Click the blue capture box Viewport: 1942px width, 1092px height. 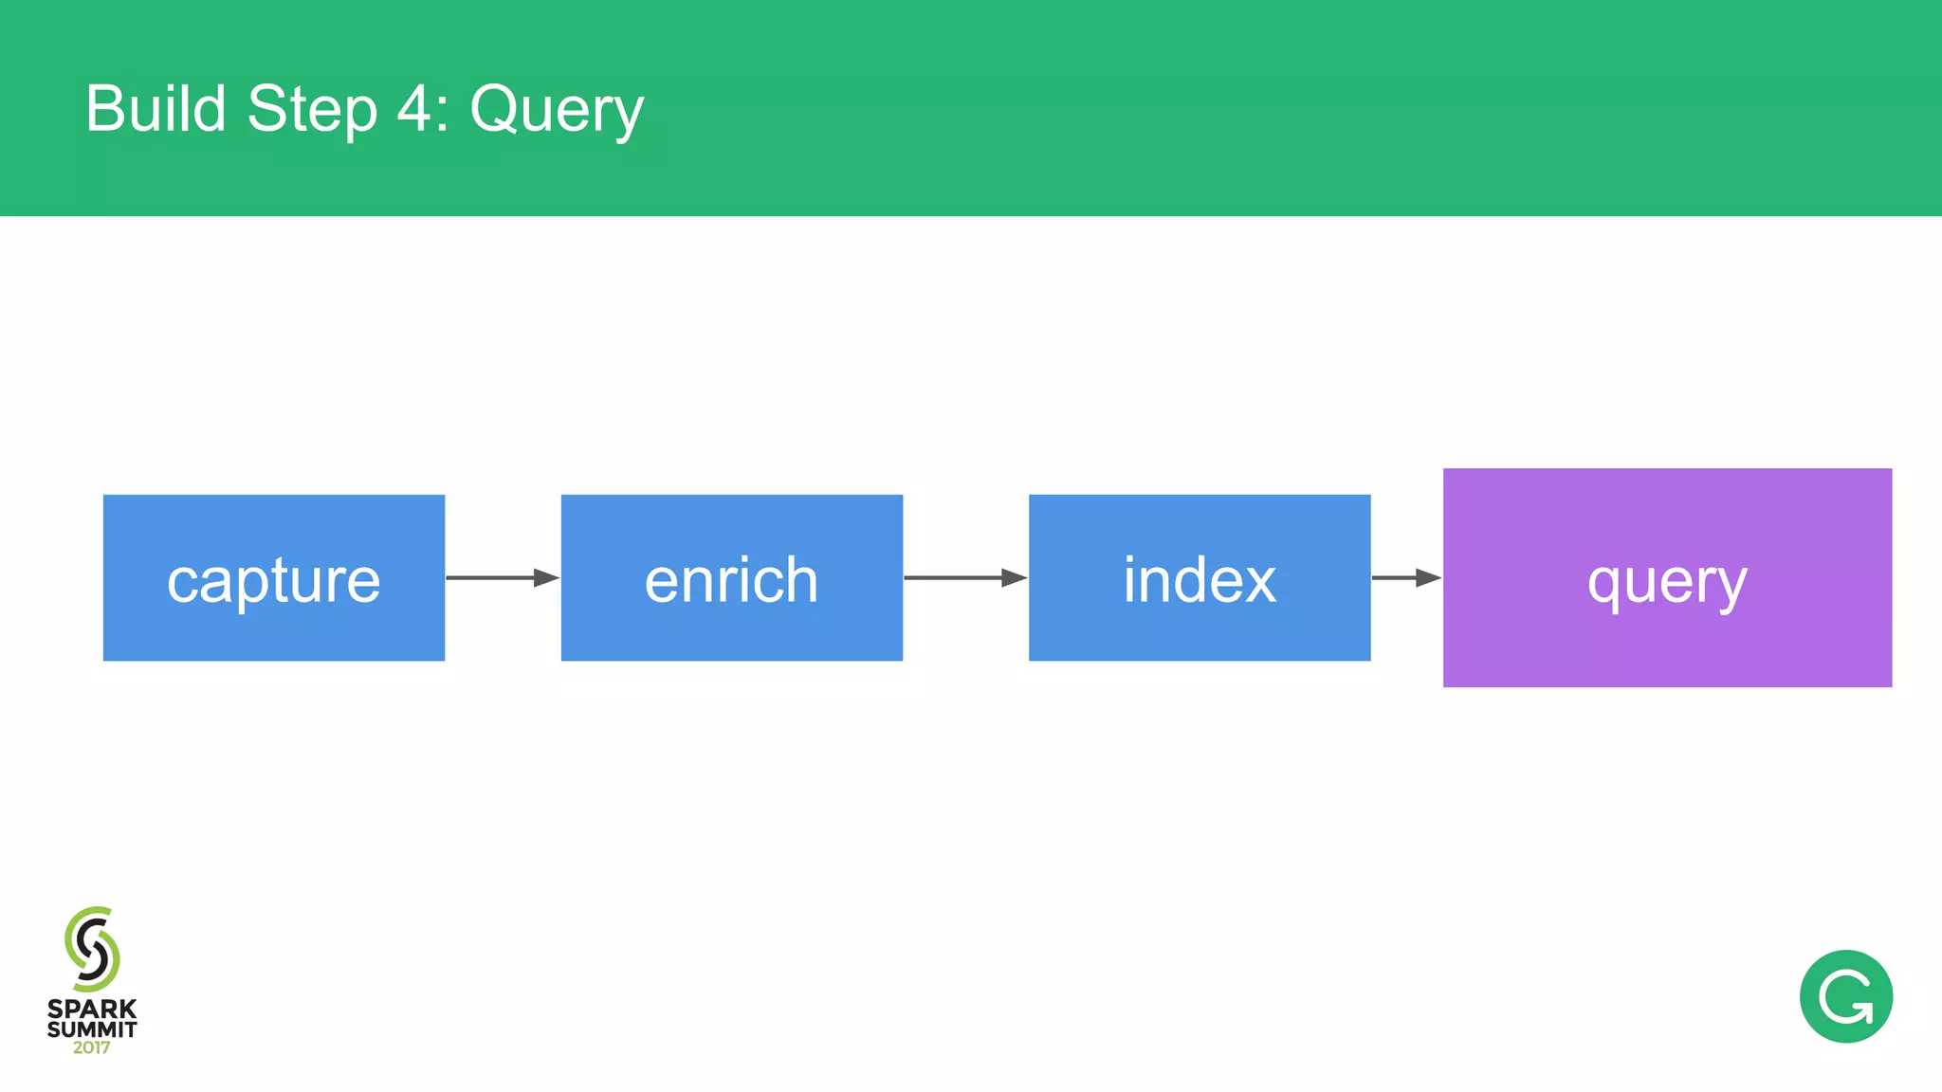[x=273, y=626]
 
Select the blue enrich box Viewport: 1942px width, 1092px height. [x=731, y=626]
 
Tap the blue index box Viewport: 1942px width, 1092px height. [x=1199, y=626]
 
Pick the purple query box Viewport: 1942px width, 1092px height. [x=1667, y=645]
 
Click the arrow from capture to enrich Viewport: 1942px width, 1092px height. [x=502, y=577]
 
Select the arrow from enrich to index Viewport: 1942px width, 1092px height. [x=964, y=577]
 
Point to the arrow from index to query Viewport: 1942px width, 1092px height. [x=1405, y=577]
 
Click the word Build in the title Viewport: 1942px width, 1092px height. [x=156, y=108]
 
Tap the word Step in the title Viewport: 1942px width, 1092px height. [x=312, y=110]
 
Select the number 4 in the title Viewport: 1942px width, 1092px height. [x=414, y=108]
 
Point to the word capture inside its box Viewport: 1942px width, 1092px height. [x=273, y=580]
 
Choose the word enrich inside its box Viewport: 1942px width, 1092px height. [x=731, y=579]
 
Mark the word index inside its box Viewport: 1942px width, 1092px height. [x=1200, y=579]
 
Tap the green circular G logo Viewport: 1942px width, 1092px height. [x=1845, y=996]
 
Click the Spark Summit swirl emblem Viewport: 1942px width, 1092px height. [x=92, y=949]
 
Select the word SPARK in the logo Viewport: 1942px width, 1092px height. [x=92, y=1009]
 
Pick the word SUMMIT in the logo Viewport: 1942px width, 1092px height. [x=92, y=1028]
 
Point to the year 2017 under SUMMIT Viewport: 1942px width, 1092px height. [x=92, y=1047]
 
